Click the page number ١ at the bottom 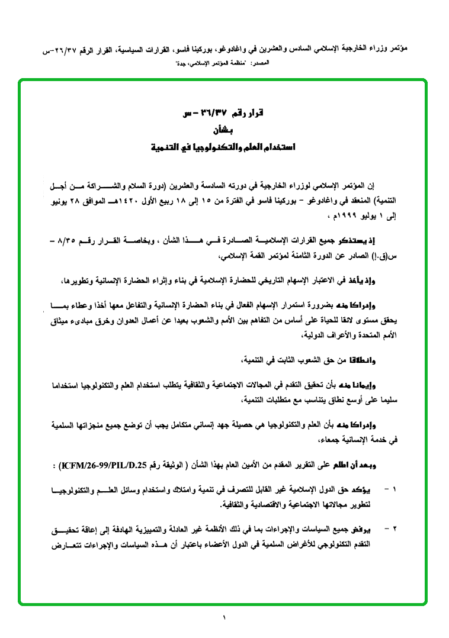click(224, 618)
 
